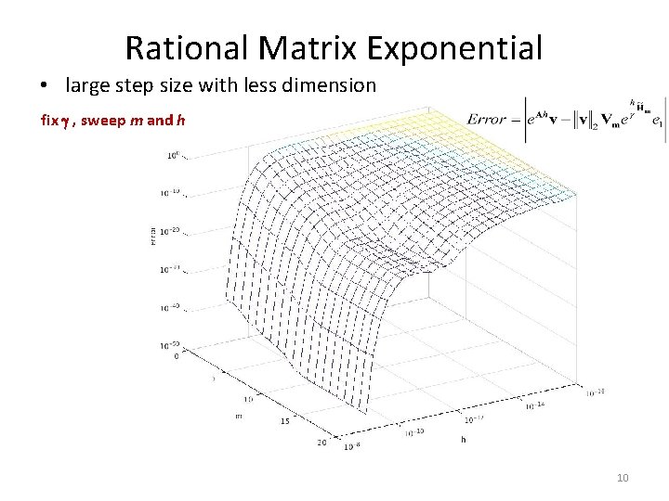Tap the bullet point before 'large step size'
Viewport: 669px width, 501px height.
click(x=45, y=87)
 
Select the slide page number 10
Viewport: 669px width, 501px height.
click(x=623, y=478)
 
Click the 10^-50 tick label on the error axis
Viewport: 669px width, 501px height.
click(x=169, y=345)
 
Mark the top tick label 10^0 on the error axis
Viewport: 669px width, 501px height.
click(x=173, y=156)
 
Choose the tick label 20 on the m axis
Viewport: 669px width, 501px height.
click(x=321, y=442)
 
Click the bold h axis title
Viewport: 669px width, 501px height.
click(x=463, y=440)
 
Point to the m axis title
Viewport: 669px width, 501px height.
click(x=239, y=416)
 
